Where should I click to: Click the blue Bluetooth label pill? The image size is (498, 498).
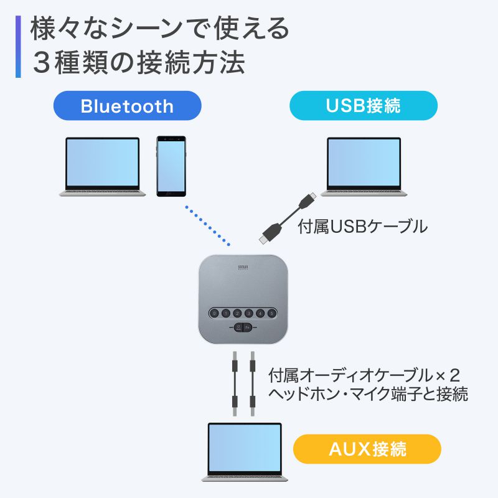(127, 105)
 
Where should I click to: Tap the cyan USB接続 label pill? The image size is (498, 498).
(364, 105)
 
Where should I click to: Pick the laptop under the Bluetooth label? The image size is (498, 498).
(103, 166)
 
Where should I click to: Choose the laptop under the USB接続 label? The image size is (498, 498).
(364, 166)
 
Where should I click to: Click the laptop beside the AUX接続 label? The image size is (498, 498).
(245, 451)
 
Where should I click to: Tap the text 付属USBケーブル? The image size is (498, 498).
(363, 227)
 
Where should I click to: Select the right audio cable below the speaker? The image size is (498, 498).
(253, 383)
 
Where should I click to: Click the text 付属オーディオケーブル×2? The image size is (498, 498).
(364, 376)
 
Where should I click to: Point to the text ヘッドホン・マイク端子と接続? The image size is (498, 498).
(367, 394)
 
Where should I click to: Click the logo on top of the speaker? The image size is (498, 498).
(243, 266)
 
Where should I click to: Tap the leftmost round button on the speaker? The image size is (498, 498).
(215, 314)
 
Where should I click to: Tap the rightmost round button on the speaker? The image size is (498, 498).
(271, 314)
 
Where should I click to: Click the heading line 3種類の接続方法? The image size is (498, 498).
(139, 63)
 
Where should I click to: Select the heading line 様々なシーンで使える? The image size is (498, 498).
(159, 29)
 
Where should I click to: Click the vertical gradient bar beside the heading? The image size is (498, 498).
(19, 46)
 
